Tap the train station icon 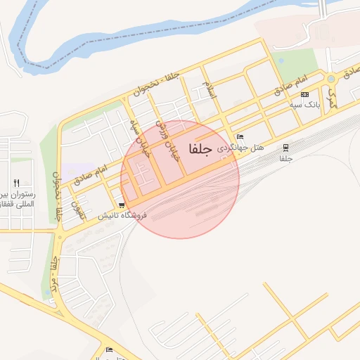click(285, 148)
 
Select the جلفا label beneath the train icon click(285, 159)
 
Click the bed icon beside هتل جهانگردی click(240, 137)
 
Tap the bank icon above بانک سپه click(304, 94)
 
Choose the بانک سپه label click(305, 105)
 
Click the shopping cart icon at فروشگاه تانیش click(122, 205)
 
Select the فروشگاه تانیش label click(122, 215)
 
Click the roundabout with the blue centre click(330, 79)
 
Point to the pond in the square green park click(281, 60)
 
